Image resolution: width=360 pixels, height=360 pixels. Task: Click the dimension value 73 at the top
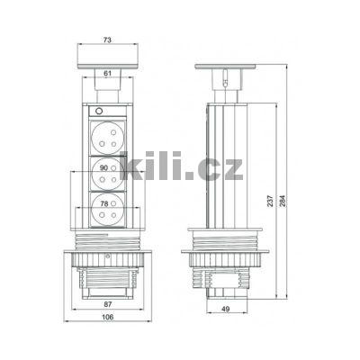(107, 41)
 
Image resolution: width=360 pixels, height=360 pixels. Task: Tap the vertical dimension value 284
(285, 202)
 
